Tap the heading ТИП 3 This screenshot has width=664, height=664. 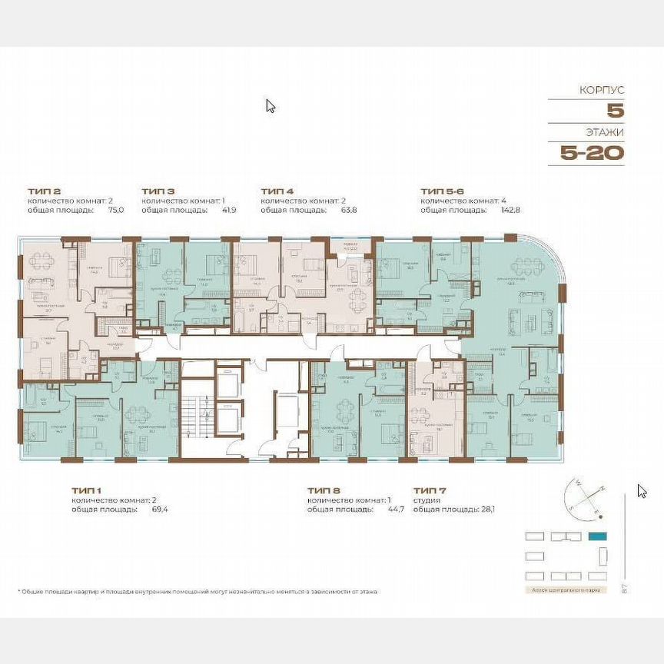coord(158,190)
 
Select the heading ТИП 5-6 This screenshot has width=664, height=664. coord(442,190)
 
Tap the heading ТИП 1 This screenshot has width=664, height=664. coord(86,490)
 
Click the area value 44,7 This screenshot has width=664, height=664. coord(395,509)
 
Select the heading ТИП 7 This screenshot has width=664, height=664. coord(427,490)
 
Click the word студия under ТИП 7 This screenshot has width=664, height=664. coord(426,500)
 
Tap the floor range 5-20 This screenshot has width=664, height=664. coord(592,152)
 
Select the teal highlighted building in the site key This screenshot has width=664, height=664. coord(597,536)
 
